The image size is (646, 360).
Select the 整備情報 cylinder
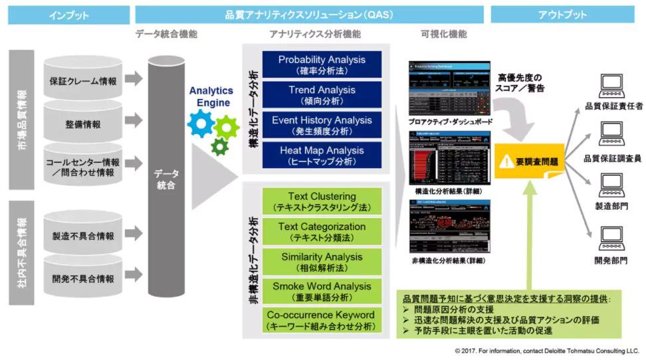pos(82,123)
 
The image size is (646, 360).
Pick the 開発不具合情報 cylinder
pos(82,278)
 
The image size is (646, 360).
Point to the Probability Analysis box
pos(322,64)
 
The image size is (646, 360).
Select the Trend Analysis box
pos(322,94)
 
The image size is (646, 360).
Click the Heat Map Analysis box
pos(322,155)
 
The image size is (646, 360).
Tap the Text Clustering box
pos(322,201)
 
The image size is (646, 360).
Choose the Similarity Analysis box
pos(322,261)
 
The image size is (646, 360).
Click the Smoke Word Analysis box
pos(322,291)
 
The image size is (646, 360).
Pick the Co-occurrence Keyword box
pos(322,320)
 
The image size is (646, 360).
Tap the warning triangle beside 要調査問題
pos(508,160)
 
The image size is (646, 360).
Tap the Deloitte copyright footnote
pos(547,350)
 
